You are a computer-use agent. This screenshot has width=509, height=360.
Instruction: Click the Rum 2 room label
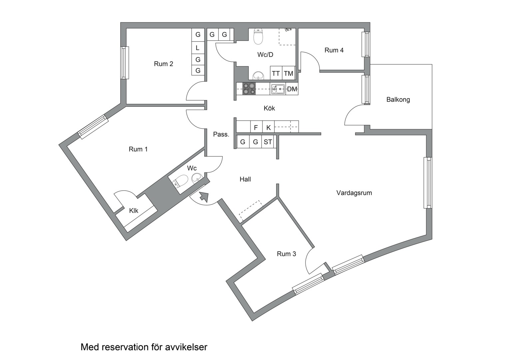163,64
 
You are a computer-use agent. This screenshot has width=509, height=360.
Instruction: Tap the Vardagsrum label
354,193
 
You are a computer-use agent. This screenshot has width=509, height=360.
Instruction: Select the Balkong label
398,100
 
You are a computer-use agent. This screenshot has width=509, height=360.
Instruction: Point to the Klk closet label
134,211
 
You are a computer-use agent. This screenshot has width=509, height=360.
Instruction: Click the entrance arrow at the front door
204,197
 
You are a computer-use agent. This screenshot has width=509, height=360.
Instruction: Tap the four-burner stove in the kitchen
249,89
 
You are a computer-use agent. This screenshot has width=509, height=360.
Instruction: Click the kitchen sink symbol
277,89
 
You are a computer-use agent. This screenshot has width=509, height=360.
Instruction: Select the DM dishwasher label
292,89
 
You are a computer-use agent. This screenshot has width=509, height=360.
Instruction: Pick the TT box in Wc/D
276,73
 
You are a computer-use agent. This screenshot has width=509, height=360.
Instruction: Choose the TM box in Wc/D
288,73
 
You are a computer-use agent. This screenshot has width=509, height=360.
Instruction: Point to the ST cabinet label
268,142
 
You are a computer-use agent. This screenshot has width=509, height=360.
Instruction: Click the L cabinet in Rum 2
198,48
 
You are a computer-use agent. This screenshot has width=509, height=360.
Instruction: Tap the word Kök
269,108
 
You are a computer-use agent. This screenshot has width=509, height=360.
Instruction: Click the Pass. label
221,134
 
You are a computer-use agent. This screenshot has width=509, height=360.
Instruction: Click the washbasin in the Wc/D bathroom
258,76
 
